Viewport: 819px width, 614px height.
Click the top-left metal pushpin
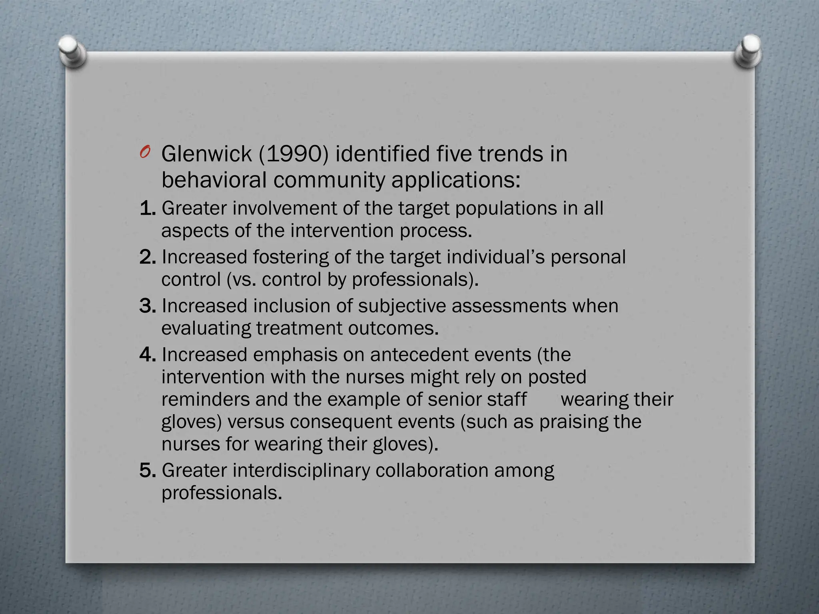pyautogui.click(x=72, y=50)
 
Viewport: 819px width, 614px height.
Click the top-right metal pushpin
pyautogui.click(x=747, y=51)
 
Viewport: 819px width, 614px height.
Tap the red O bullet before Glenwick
pyautogui.click(x=145, y=153)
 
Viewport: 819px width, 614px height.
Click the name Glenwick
pyautogui.click(x=206, y=154)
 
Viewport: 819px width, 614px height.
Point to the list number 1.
pyautogui.click(x=147, y=208)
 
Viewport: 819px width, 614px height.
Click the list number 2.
pyautogui.click(x=147, y=257)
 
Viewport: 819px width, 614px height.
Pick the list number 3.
pyautogui.click(x=147, y=306)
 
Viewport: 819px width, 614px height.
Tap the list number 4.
pyautogui.click(x=147, y=355)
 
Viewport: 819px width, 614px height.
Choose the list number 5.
pyautogui.click(x=147, y=470)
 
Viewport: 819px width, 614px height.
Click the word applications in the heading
pyautogui.click(x=456, y=181)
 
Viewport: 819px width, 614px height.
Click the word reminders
pyautogui.click(x=205, y=399)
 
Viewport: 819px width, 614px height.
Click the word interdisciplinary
pyautogui.click(x=302, y=470)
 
